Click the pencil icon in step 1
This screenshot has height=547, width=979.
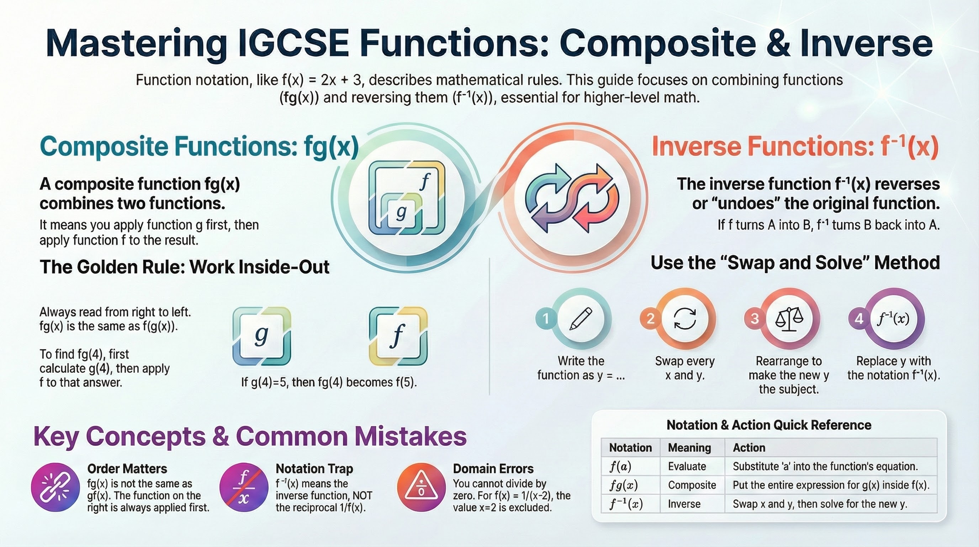tap(581, 319)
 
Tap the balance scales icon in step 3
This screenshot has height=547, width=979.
tap(789, 319)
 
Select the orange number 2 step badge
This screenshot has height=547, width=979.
tap(650, 318)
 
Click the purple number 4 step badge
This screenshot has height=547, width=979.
tap(859, 318)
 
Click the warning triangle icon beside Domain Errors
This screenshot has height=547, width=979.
tap(421, 487)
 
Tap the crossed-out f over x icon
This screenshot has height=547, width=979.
tap(244, 487)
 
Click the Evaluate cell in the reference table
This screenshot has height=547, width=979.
tap(687, 467)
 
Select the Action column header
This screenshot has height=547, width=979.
tap(749, 448)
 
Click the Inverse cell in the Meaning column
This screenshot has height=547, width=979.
tap(684, 504)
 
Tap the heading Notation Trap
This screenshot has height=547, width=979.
tap(314, 469)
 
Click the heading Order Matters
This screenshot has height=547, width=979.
tap(127, 469)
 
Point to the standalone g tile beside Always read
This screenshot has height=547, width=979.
tap(261, 336)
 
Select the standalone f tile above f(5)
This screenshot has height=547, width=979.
tap(398, 336)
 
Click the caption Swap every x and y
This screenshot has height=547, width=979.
tap(685, 368)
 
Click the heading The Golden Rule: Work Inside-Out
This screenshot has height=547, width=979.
tap(184, 267)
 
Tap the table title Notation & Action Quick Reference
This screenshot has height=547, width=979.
tap(769, 425)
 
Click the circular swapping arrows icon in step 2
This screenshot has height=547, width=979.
tap(685, 319)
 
